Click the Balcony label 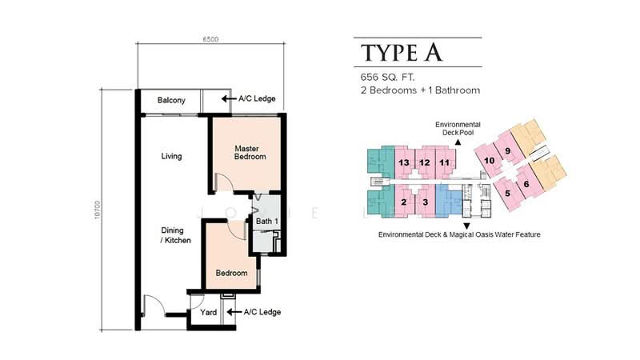point(171,100)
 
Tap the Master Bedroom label point(250,152)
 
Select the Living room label point(171,156)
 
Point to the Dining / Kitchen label point(175,235)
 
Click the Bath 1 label point(267,222)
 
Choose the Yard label point(208,312)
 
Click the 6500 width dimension point(210,39)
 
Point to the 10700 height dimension point(97,210)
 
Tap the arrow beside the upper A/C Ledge point(229,98)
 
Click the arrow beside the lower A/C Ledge point(234,312)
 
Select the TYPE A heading point(402,53)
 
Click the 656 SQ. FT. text point(387,77)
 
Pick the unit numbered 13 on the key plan point(404,162)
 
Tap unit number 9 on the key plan point(507,151)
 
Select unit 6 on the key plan point(526,184)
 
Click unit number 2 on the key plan point(404,202)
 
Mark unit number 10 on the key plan point(489,161)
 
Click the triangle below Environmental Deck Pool point(458,142)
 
